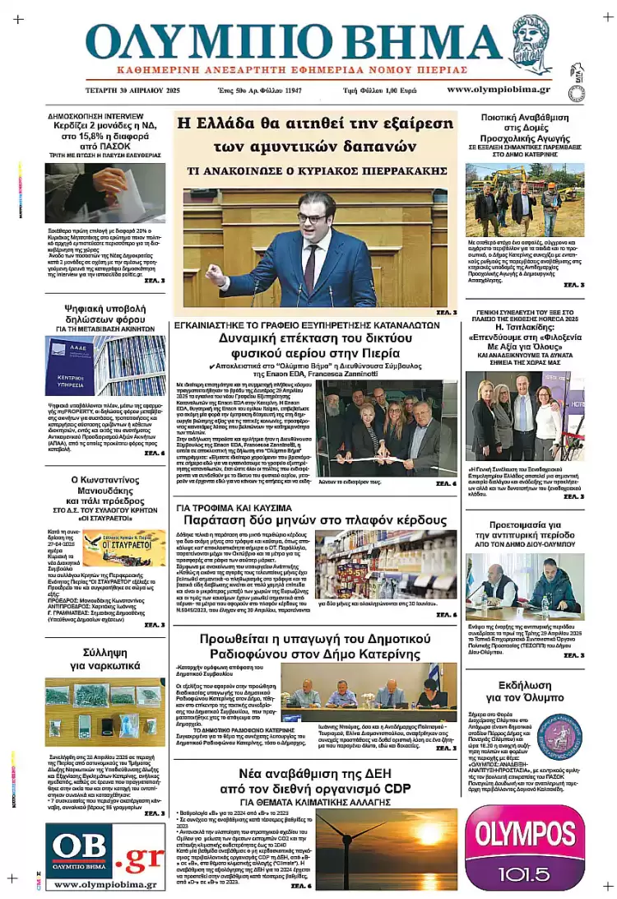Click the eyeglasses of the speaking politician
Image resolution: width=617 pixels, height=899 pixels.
(x=312, y=218)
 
